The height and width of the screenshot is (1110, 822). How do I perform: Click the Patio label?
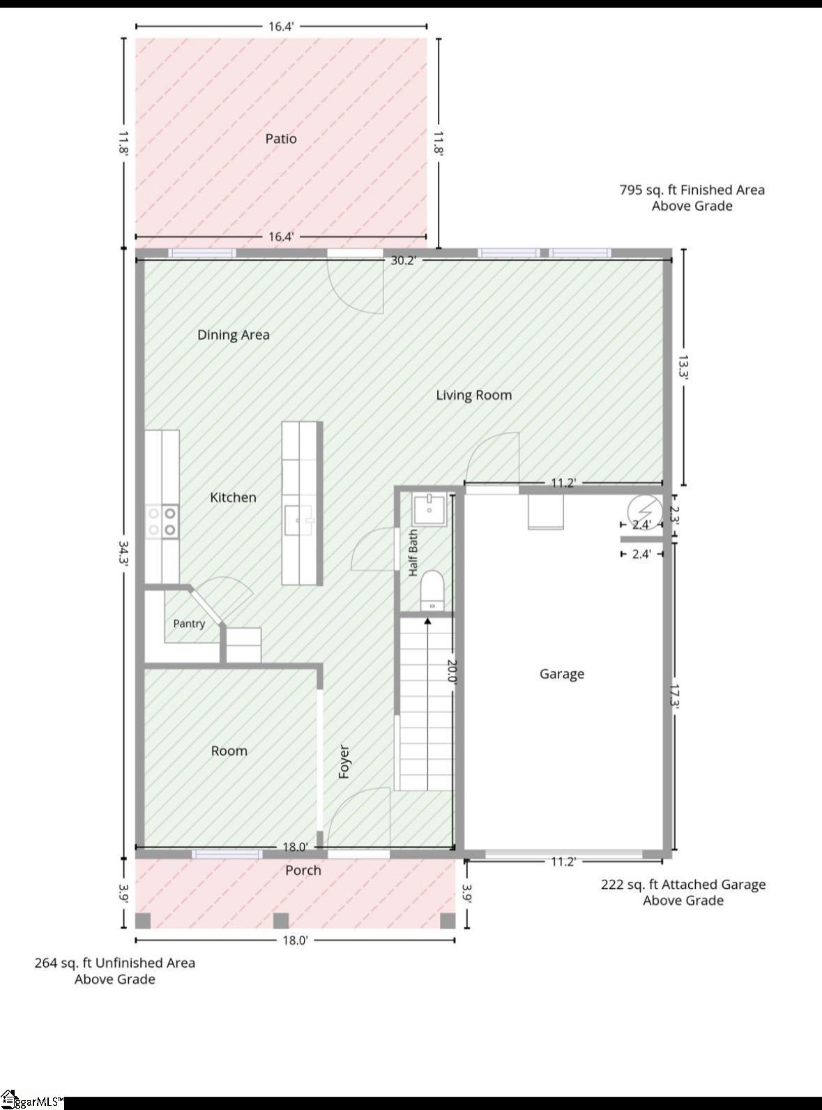click(x=281, y=139)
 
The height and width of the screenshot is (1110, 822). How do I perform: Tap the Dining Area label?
click(x=233, y=335)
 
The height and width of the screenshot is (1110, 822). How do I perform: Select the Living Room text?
click(x=474, y=396)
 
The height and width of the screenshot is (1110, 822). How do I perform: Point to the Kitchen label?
click(x=233, y=497)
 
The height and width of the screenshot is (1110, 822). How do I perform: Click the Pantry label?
click(x=189, y=624)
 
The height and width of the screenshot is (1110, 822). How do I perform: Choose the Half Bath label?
click(x=413, y=553)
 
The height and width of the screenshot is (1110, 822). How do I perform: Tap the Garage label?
click(x=561, y=674)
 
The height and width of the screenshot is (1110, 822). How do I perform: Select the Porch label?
click(x=303, y=870)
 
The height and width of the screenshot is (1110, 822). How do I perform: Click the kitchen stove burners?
click(x=162, y=522)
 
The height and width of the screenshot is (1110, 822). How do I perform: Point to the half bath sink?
click(x=429, y=509)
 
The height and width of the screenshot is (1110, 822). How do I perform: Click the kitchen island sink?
click(x=298, y=520)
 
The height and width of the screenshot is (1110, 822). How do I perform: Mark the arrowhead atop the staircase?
click(x=427, y=621)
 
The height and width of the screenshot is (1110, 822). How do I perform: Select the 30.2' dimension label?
click(x=403, y=261)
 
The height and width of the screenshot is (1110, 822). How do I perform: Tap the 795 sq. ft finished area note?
click(x=692, y=197)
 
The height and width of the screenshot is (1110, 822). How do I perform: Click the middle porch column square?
click(x=281, y=921)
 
